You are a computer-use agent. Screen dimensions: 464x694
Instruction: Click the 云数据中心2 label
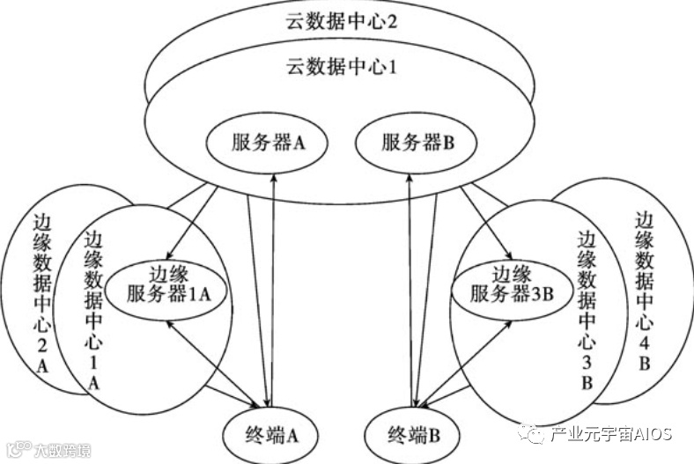[x=343, y=22]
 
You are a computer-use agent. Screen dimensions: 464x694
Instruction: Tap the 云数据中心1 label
[x=343, y=65]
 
